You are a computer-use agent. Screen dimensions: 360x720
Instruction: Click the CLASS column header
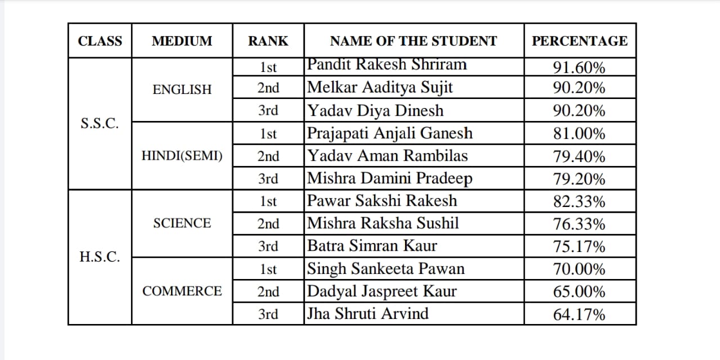coord(100,41)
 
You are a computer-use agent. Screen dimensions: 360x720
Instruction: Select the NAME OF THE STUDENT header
coord(413,41)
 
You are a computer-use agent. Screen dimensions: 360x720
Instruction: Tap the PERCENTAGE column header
coord(580,41)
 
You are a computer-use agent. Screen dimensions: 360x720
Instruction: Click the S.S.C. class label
coord(100,124)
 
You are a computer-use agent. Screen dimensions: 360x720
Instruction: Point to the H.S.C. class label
coord(100,257)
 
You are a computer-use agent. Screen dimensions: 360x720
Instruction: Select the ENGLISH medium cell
coord(182,89)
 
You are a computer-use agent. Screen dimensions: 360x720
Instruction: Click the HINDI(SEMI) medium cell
coord(182,156)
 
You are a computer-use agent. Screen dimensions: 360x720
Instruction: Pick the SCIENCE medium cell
coord(182,223)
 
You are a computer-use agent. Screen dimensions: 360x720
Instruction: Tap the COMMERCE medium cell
coord(182,291)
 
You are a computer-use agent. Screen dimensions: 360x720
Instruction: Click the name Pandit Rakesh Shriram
coord(387,65)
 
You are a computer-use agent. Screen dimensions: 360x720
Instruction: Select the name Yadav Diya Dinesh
coord(375,111)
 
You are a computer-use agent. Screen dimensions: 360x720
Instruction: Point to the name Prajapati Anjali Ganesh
coord(390,133)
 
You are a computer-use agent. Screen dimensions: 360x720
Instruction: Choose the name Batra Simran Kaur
coord(372,246)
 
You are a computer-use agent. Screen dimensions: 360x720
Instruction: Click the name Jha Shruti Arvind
coord(367,313)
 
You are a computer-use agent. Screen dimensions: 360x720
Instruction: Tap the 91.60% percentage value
coord(579,68)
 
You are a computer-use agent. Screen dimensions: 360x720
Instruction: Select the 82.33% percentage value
coord(579,201)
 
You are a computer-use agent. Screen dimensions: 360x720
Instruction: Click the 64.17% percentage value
coord(579,314)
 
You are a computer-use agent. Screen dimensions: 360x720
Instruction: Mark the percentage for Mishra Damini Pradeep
coord(579,179)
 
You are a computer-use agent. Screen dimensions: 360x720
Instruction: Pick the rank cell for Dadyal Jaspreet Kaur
coord(268,291)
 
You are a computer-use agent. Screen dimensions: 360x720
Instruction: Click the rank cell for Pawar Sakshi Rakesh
coord(268,201)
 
